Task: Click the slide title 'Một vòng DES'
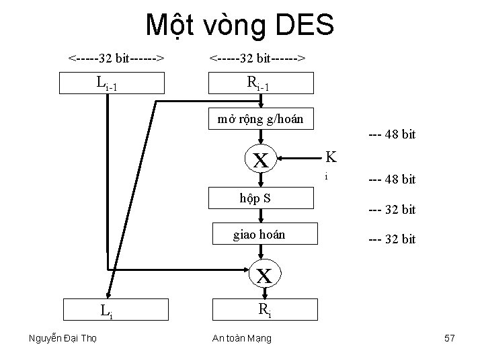(x=240, y=26)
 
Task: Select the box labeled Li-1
(x=110, y=83)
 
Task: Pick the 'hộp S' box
(x=264, y=198)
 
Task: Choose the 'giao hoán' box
(x=264, y=235)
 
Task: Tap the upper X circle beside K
(x=262, y=160)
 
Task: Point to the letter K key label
(x=331, y=157)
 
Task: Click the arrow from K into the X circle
(x=299, y=160)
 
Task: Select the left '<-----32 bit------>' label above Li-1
(x=117, y=59)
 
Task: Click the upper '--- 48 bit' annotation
(x=392, y=134)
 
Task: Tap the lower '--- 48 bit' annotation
(x=392, y=179)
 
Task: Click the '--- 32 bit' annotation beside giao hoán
(x=392, y=239)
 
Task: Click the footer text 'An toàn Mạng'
(x=243, y=338)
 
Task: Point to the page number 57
(x=450, y=338)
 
